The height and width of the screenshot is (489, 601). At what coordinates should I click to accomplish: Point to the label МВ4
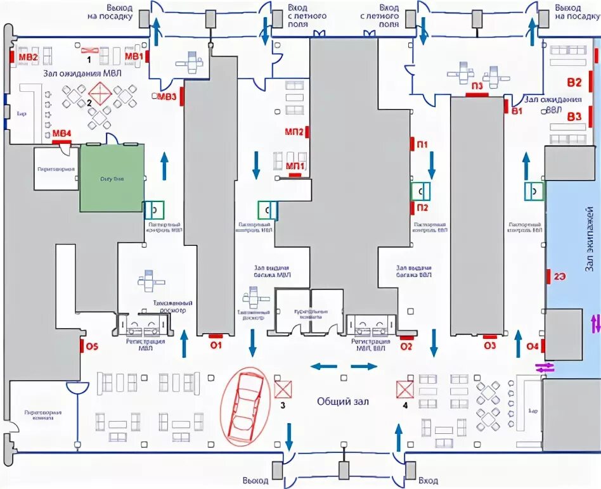pyautogui.click(x=61, y=133)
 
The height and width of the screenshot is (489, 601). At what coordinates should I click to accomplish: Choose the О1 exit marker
pyautogui.click(x=216, y=345)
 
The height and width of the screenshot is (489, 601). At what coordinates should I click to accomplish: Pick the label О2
pyautogui.click(x=406, y=346)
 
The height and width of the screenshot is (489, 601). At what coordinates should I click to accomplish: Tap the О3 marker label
pyautogui.click(x=489, y=346)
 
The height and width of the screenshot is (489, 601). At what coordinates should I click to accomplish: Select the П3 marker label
pyautogui.click(x=477, y=86)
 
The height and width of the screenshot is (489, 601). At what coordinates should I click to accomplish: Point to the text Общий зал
pyautogui.click(x=343, y=402)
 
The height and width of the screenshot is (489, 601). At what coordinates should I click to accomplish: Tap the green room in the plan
pyautogui.click(x=112, y=178)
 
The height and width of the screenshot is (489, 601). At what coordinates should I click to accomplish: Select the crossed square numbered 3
pyautogui.click(x=283, y=388)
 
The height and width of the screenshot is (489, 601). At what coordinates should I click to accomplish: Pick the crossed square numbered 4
pyautogui.click(x=404, y=388)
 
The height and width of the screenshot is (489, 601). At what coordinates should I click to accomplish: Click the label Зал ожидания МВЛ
pyautogui.click(x=82, y=73)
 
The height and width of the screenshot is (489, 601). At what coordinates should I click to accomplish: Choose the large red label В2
pyautogui.click(x=574, y=82)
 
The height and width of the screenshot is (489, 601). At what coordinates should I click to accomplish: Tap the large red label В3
pyautogui.click(x=574, y=117)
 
